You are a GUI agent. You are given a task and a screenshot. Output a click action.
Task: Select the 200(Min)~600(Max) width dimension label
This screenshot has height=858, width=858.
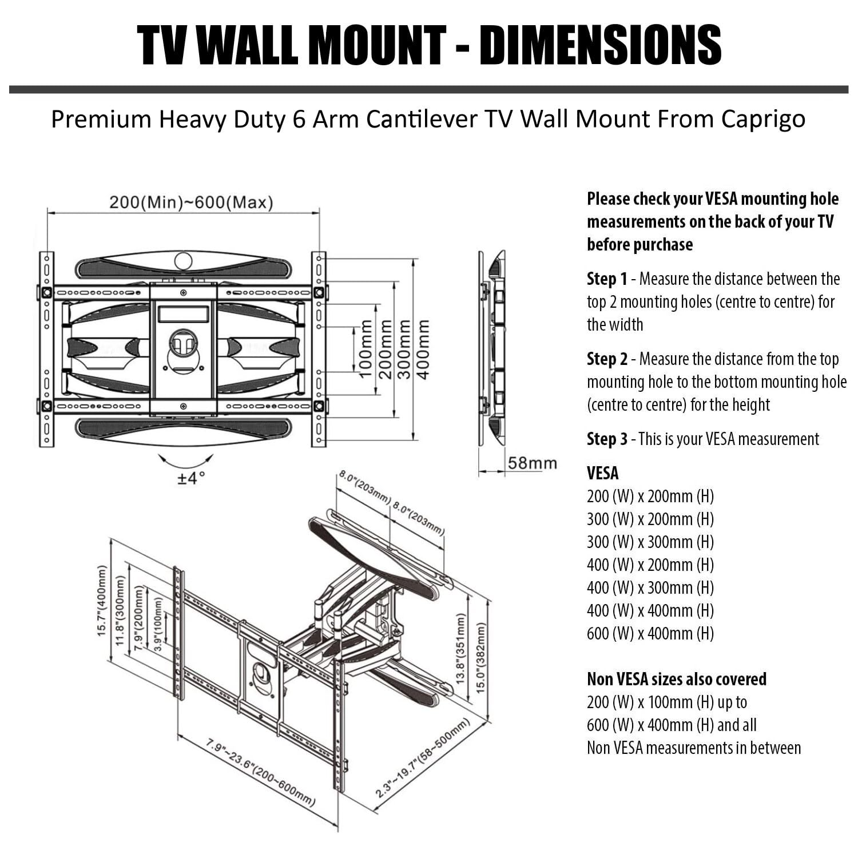tap(191, 202)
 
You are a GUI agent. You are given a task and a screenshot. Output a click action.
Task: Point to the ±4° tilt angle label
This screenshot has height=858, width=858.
tap(190, 478)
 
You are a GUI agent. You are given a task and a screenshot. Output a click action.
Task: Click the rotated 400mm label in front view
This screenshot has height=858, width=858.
tap(423, 348)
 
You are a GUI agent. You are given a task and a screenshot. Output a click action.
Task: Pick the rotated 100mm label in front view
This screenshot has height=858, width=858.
tap(365, 348)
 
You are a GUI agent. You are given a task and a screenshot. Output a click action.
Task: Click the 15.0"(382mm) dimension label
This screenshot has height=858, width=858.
tap(481, 657)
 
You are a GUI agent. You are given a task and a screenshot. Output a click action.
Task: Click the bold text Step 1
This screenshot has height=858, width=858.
tap(607, 279)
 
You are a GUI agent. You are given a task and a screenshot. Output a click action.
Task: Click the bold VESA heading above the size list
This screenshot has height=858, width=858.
tap(603, 474)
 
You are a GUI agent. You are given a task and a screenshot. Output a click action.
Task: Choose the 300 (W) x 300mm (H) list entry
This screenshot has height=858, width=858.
tap(650, 542)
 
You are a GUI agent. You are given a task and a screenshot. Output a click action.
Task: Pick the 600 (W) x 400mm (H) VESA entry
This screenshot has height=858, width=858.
tap(650, 634)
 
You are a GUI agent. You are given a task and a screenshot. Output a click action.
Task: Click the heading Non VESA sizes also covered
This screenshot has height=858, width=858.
tap(677, 679)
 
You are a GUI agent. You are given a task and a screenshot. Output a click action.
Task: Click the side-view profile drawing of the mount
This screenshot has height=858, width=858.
tap(492, 348)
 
